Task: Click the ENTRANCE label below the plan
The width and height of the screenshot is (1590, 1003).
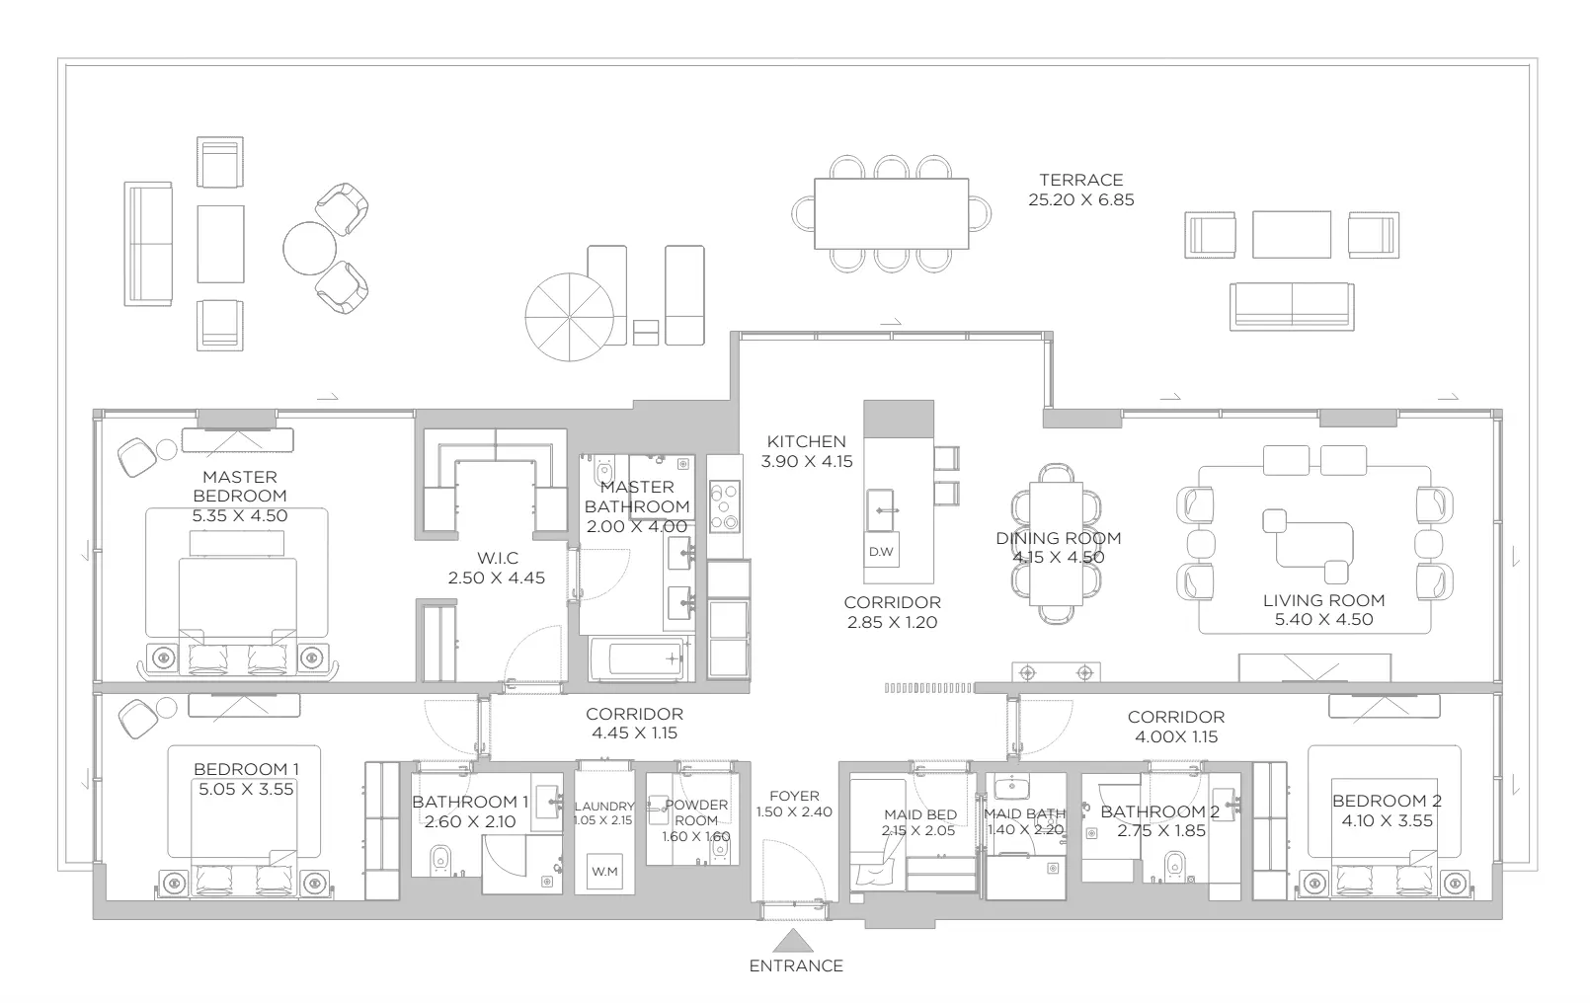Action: [796, 965]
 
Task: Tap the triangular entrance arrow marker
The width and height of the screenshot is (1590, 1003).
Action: [793, 941]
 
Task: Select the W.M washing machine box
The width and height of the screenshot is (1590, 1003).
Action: [604, 871]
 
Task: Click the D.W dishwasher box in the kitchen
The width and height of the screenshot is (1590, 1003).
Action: [881, 551]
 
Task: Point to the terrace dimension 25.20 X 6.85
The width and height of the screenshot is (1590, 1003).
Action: [1081, 200]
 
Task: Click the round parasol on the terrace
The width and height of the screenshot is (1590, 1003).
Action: [569, 317]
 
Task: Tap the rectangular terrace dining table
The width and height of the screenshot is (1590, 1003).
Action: [892, 213]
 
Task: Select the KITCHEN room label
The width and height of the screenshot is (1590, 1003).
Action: [806, 441]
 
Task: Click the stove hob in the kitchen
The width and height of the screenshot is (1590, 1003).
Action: [725, 505]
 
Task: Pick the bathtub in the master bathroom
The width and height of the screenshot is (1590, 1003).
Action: [637, 659]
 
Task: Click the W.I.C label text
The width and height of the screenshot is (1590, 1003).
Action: [497, 558]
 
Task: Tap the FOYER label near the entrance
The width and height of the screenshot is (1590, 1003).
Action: [794, 796]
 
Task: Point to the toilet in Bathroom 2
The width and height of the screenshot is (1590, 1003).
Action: [1175, 866]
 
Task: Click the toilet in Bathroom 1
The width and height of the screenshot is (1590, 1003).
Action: [440, 860]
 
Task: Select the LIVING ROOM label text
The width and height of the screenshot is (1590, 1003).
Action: [1323, 600]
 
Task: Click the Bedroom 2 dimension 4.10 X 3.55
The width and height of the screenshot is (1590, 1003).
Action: [1387, 820]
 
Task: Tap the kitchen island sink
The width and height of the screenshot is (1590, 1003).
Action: [880, 510]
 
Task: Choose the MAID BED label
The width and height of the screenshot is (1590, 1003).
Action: [920, 815]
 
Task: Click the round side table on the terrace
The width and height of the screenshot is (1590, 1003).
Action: [309, 248]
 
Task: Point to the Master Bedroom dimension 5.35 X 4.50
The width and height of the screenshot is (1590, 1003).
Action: [240, 515]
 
